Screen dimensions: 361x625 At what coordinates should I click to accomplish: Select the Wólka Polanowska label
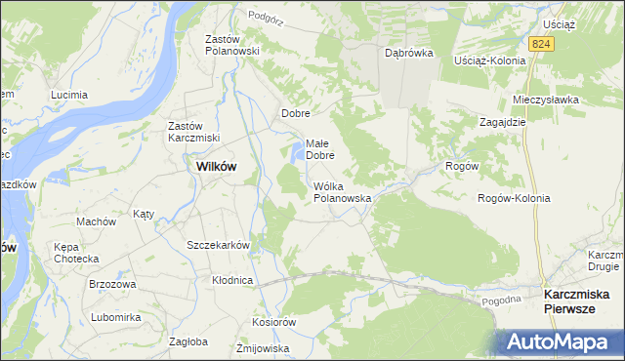pos(342,191)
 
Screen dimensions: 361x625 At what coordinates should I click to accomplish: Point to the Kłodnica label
pos(232,280)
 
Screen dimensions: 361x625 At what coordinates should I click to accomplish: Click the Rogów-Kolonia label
pos(514,198)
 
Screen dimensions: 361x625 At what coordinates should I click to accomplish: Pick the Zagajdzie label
pos(503,122)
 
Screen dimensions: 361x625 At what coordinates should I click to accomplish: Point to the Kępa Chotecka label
pos(76,253)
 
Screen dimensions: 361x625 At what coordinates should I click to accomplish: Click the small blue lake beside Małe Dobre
pos(295,152)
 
